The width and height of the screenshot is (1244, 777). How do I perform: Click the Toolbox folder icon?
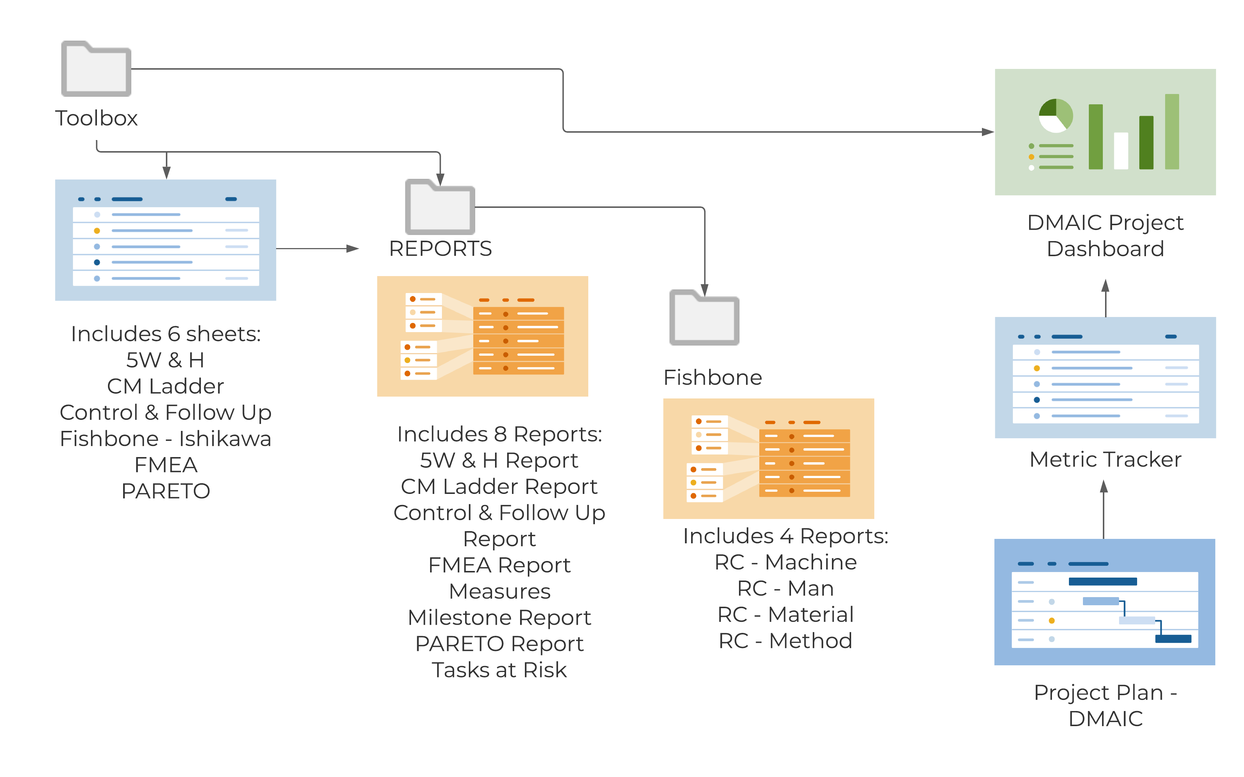point(96,69)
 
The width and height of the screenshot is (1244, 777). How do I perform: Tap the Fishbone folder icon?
point(704,318)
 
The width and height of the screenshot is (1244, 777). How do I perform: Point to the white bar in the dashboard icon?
point(1121,150)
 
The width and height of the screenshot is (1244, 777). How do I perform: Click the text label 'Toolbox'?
point(96,118)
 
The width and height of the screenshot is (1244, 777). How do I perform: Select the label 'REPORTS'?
point(440,249)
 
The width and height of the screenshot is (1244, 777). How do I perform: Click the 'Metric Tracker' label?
point(1105,459)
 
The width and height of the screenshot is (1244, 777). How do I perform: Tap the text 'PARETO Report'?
point(499,644)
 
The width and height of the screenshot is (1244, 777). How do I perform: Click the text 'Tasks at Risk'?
point(499,670)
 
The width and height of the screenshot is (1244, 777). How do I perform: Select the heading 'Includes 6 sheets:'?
point(165,334)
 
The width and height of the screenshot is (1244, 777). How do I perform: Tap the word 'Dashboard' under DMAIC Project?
point(1105,249)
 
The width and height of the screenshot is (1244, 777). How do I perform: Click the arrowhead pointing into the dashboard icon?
point(987,132)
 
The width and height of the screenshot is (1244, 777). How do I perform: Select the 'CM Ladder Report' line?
point(499,487)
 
